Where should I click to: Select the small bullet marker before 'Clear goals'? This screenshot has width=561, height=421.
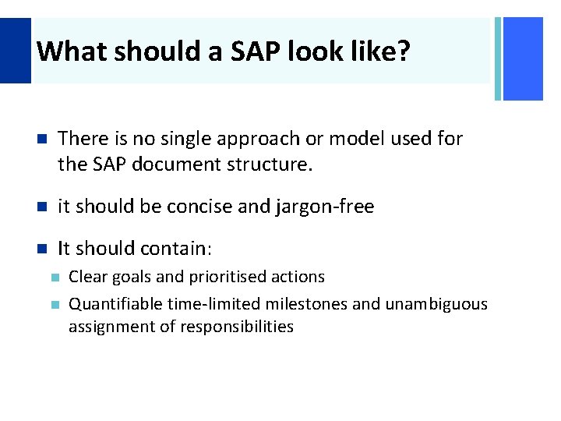click(x=54, y=278)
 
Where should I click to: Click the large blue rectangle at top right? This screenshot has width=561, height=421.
click(x=523, y=59)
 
